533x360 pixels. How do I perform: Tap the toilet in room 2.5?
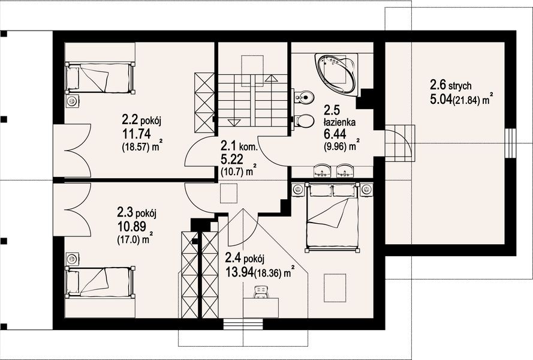coord(303,120)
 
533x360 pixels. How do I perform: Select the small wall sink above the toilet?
coord(303,97)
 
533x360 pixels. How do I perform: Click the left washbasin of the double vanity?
coord(322,171)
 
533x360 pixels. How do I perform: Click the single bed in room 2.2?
coord(100,77)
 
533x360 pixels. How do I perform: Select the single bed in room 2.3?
coord(100,282)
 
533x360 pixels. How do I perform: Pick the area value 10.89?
coord(132,226)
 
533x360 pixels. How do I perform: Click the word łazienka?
coord(339,122)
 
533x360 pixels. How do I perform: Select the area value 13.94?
coord(239,272)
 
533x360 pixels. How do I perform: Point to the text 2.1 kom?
coord(239,146)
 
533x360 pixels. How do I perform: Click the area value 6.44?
coord(335,134)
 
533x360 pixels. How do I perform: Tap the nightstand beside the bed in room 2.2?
coord(72,101)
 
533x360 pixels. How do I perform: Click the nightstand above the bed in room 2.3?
coord(72,259)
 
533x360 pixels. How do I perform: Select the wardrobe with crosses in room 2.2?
coord(204,103)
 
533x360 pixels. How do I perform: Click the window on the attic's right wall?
coord(510,143)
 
